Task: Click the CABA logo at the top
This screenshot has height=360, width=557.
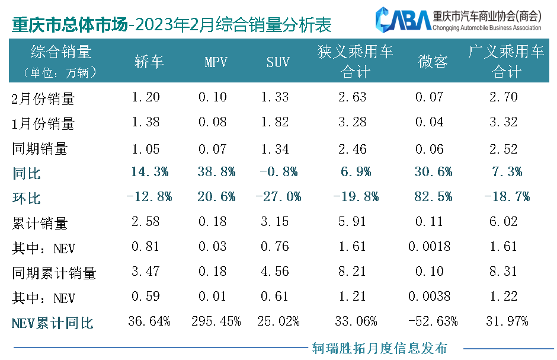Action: pos(404,20)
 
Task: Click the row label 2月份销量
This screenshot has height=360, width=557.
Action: pos(44,98)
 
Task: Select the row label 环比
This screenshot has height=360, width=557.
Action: pos(27,197)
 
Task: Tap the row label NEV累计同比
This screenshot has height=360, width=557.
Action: pos(52,323)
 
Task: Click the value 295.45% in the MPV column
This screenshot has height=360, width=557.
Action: pos(216,322)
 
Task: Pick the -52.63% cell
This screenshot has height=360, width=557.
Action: pos(433,322)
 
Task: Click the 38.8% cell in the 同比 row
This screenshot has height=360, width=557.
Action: pos(216,172)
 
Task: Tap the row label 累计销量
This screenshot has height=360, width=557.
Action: pos(40,224)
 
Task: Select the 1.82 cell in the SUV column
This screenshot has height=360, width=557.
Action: pos(276,122)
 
